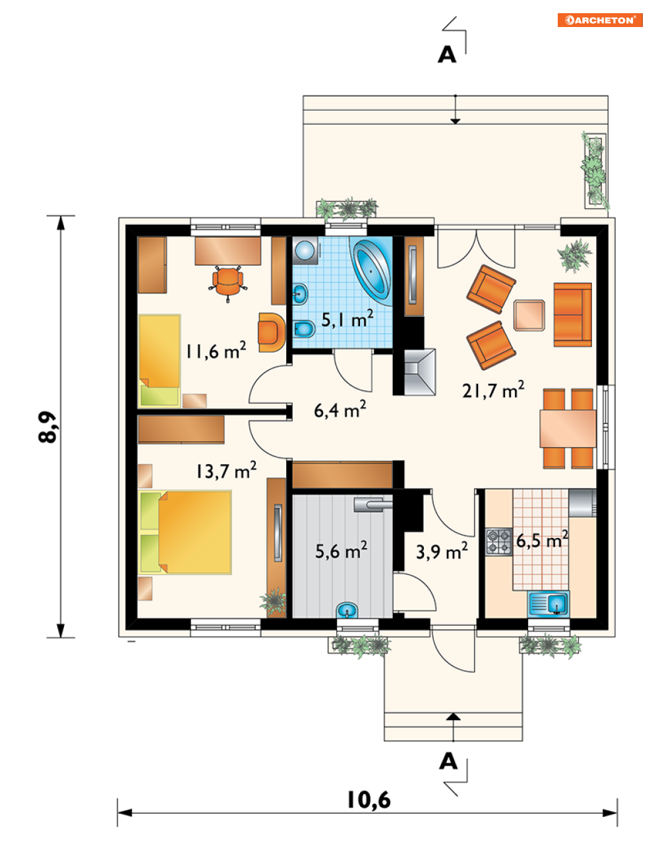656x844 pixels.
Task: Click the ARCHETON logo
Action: (600, 20)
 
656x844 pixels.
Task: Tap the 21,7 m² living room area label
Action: (493, 389)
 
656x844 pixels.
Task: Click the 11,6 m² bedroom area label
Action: (216, 350)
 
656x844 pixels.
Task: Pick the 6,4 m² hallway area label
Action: (340, 409)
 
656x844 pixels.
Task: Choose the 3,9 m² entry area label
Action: (442, 551)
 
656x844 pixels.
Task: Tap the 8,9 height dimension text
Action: (47, 427)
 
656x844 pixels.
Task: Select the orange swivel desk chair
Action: (228, 283)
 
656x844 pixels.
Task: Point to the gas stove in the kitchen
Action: (499, 541)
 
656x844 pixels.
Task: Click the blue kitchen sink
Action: (548, 604)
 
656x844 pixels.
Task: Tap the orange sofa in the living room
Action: (572, 315)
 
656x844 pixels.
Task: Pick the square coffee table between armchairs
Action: (529, 315)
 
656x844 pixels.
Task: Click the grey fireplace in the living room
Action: (419, 372)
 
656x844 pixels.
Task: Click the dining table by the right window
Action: (568, 429)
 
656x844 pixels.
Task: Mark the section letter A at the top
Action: (447, 55)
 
